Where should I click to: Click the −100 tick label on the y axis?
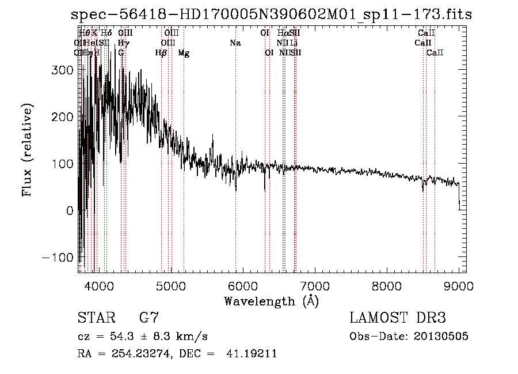pos(57,258)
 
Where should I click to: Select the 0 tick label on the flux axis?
pos(69,211)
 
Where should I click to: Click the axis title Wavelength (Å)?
pos(271,301)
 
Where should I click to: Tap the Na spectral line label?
pos(235,43)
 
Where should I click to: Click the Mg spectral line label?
pos(184,53)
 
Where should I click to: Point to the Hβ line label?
pos(161,53)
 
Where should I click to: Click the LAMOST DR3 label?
pos(398,318)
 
